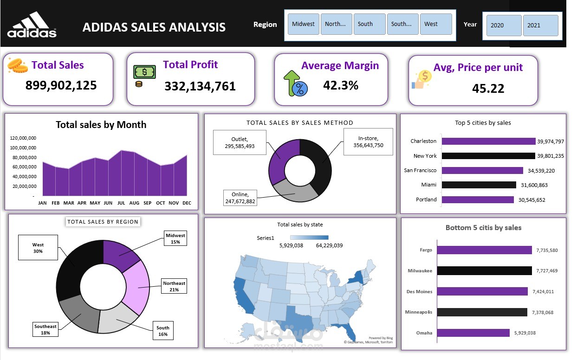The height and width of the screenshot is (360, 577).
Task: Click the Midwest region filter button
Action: (304, 24)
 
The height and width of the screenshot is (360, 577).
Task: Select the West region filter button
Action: (435, 24)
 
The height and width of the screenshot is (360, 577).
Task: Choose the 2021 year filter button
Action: (540, 26)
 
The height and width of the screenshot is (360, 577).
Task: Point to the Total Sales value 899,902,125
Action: (61, 85)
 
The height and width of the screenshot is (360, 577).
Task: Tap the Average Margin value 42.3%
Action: (341, 85)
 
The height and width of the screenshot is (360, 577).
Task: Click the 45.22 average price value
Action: (488, 89)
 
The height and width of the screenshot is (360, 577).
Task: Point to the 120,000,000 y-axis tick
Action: (23, 138)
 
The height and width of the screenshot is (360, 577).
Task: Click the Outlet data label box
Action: (240, 142)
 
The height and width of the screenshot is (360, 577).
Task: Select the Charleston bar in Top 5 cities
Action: (488, 141)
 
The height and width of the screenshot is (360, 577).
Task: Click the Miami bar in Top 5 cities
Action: (479, 185)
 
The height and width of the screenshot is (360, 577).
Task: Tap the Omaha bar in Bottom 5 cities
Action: (473, 333)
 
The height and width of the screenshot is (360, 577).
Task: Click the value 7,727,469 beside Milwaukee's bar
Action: (547, 270)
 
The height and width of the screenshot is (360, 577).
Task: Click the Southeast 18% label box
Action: (45, 329)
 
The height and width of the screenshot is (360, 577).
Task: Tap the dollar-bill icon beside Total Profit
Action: (145, 72)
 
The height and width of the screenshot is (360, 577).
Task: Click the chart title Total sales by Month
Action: (101, 125)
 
